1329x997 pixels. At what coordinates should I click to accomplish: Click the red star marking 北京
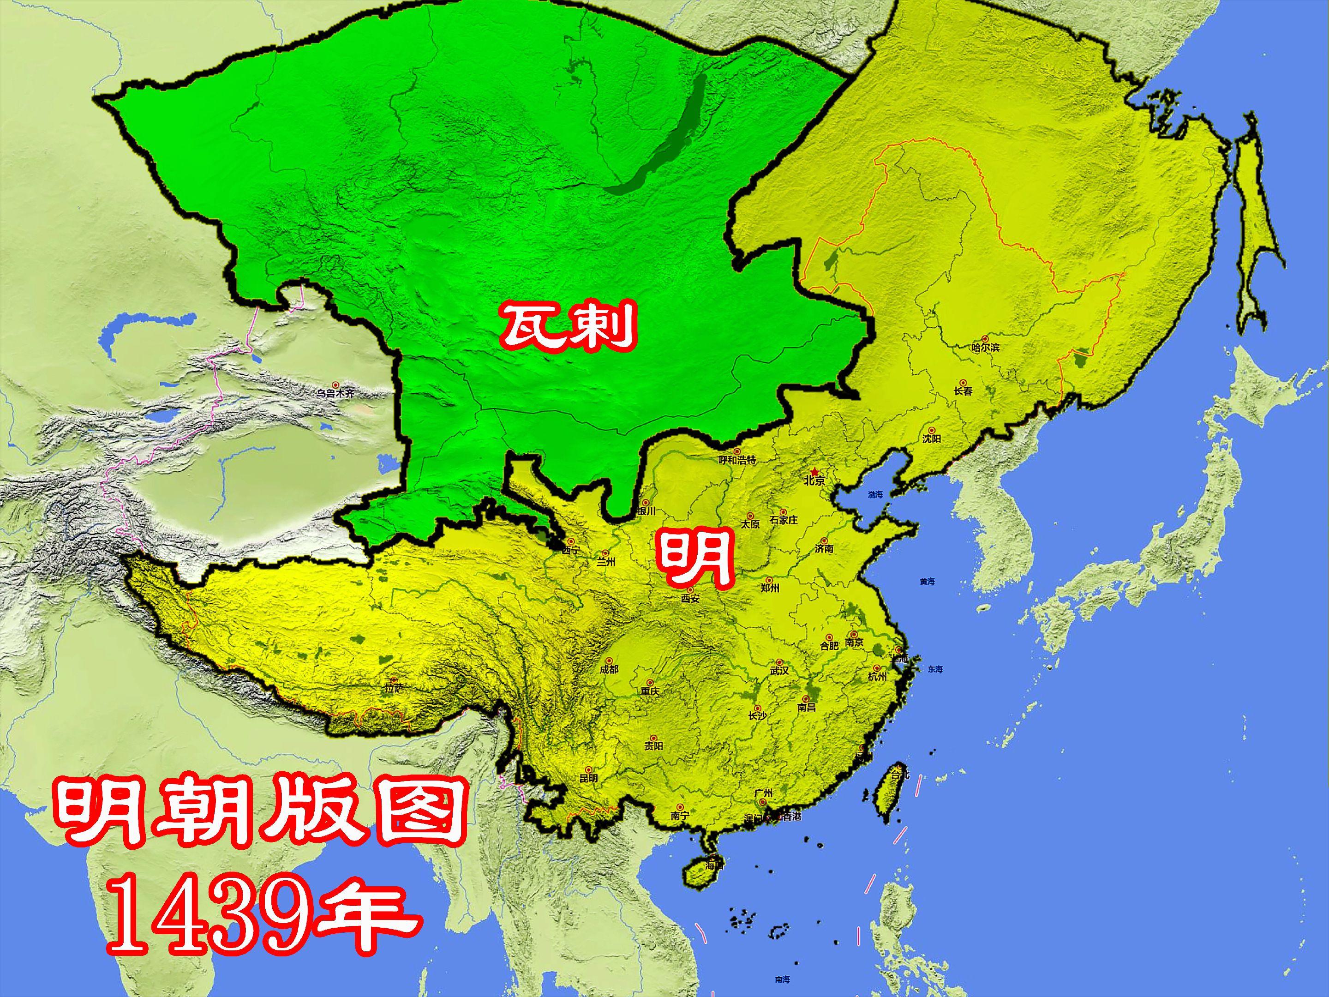pos(814,471)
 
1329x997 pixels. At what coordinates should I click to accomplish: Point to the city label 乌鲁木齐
pos(336,393)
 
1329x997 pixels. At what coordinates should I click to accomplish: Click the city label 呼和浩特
pos(738,460)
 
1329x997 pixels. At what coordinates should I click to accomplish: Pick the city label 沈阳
pos(932,438)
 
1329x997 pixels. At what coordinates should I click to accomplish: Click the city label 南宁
pos(680,816)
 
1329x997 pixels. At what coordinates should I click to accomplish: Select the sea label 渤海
pos(875,495)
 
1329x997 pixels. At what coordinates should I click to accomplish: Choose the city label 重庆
pos(649,691)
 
